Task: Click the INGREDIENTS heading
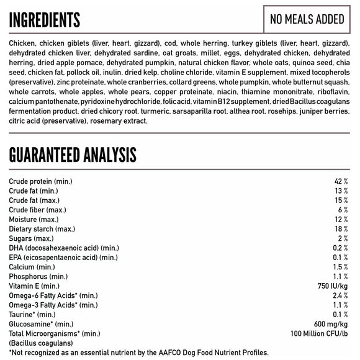[x=45, y=20]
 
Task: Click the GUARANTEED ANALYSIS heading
[x=73, y=155]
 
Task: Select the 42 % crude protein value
[x=341, y=181]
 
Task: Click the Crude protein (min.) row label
[x=42, y=181]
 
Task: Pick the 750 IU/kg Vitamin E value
[x=332, y=286]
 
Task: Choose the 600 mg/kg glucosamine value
[x=331, y=323]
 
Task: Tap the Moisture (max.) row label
[x=34, y=219]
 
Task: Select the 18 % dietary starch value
[x=341, y=229]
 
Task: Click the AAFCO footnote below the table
[x=139, y=353]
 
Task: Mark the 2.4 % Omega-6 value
[x=340, y=295]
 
